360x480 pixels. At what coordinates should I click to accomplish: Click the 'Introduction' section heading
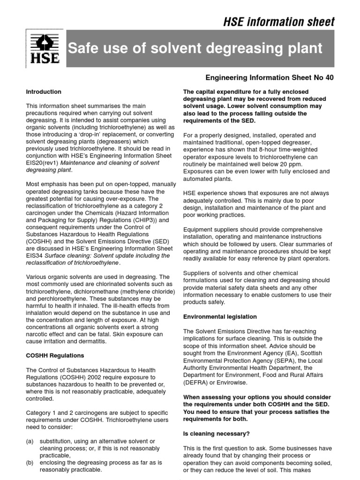click(44, 92)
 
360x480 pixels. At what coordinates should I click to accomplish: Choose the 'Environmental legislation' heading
click(220, 317)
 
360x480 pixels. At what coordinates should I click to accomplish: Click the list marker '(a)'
click(30, 441)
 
